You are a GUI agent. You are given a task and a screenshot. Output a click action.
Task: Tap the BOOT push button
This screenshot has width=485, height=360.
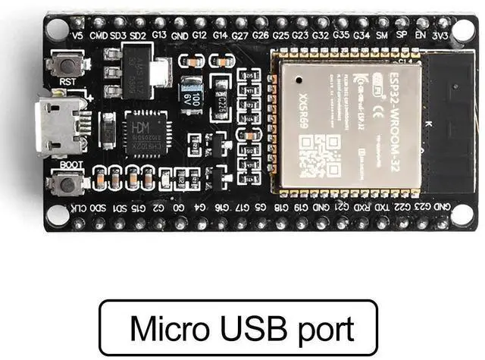click(x=67, y=182)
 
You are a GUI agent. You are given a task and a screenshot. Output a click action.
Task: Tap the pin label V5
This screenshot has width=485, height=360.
click(x=77, y=35)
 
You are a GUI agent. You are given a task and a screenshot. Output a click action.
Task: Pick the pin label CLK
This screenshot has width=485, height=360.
click(x=78, y=207)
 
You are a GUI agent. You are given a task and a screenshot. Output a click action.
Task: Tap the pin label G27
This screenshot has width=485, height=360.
click(x=240, y=35)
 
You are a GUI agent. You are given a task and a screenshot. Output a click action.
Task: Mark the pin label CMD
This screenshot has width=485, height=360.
click(x=98, y=35)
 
